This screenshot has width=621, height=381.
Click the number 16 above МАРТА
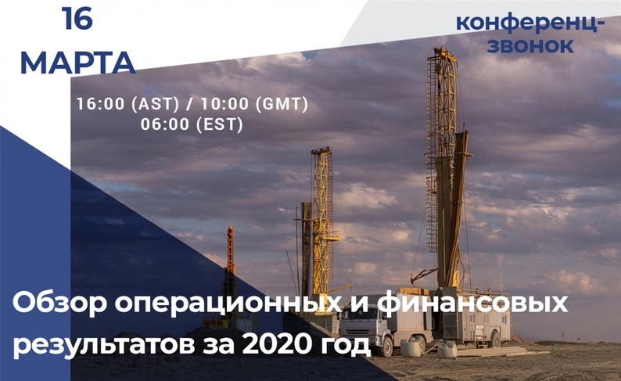coord(77,18)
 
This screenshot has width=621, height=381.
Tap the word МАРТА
coord(77,63)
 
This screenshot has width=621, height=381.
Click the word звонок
coord(530,45)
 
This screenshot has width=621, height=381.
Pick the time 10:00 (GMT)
coord(254,104)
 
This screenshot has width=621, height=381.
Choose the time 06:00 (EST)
coord(192,124)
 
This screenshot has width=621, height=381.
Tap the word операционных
coord(228,304)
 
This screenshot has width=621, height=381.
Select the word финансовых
coord(472,304)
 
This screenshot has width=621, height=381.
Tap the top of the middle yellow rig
coord(321,150)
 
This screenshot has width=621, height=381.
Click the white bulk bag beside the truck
coord(411,348)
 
